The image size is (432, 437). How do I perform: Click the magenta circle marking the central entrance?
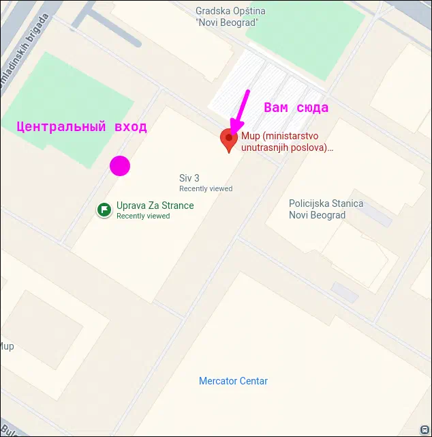120,166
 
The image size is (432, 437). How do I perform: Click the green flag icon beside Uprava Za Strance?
104,210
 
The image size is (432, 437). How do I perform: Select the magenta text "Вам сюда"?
296,108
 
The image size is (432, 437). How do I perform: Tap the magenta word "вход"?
131,126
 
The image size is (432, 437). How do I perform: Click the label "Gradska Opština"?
230,11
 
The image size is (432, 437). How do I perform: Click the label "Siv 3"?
189,178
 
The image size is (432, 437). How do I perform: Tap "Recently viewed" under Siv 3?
206,188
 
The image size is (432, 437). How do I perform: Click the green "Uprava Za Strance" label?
155,206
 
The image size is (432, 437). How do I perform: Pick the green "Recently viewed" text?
143,216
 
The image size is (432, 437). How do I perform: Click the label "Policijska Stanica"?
326,203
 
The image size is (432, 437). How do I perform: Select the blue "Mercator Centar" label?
233,381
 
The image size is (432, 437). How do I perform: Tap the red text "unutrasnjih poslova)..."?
287,147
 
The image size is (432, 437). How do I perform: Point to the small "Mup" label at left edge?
6,346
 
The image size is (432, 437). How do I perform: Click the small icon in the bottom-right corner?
426,430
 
